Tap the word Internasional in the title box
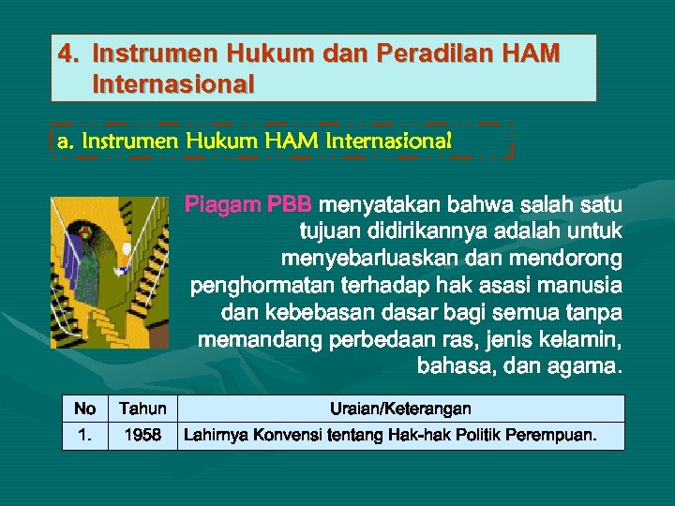point(173,85)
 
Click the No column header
point(84,409)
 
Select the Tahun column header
point(143,409)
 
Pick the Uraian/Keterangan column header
point(400,409)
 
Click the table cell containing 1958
point(143,436)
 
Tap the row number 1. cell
point(84,436)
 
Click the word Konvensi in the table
point(281,436)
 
